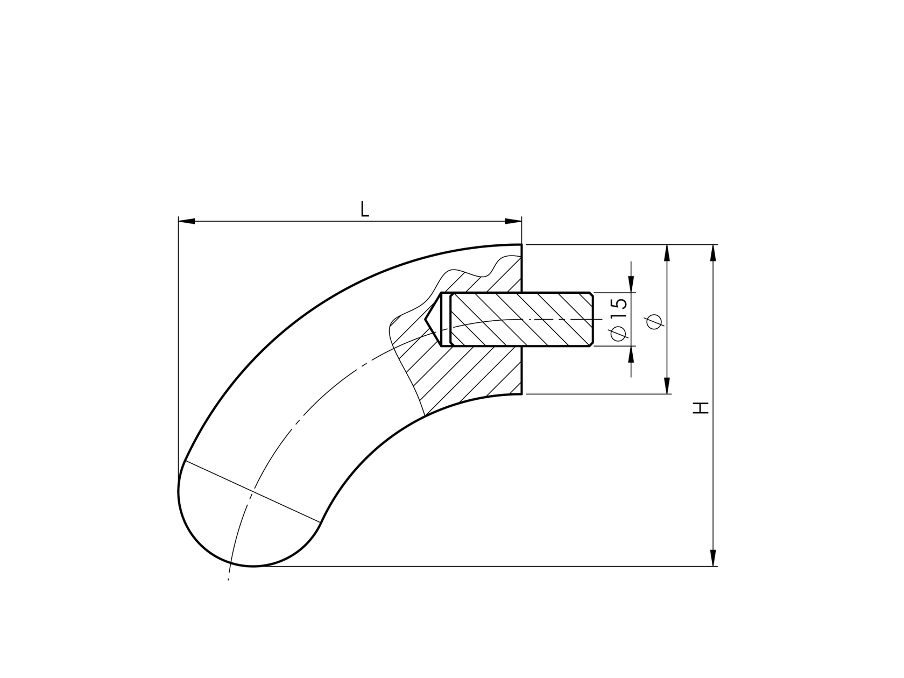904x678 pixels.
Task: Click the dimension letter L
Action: coord(365,209)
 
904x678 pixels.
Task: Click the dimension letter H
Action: coord(701,408)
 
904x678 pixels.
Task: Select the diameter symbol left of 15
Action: coord(619,334)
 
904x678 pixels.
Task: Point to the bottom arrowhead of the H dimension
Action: coord(714,558)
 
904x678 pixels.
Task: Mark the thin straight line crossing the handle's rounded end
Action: coord(252,492)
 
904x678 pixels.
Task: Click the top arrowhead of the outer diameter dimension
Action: coord(667,253)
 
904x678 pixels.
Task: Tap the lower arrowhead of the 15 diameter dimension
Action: coord(631,354)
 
